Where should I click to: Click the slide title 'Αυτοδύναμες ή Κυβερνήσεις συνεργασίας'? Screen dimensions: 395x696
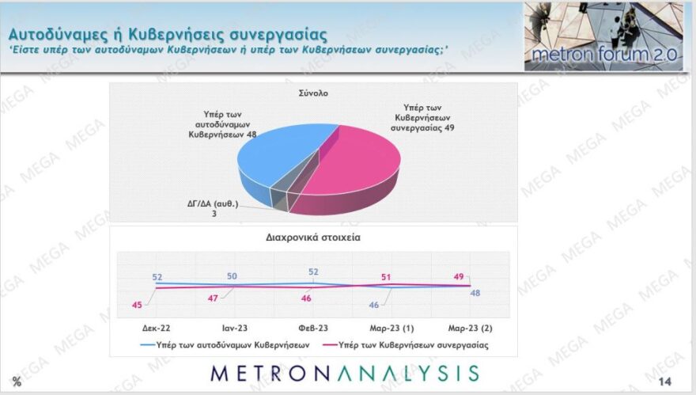click(x=167, y=34)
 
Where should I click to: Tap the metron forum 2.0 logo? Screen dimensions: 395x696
click(x=603, y=36)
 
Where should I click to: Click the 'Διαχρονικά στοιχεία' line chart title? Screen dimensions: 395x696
click(x=313, y=236)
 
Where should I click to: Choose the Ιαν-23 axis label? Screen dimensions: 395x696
click(x=233, y=327)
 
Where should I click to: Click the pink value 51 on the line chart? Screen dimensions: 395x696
click(x=387, y=277)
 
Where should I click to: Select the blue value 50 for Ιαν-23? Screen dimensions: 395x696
click(x=233, y=276)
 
